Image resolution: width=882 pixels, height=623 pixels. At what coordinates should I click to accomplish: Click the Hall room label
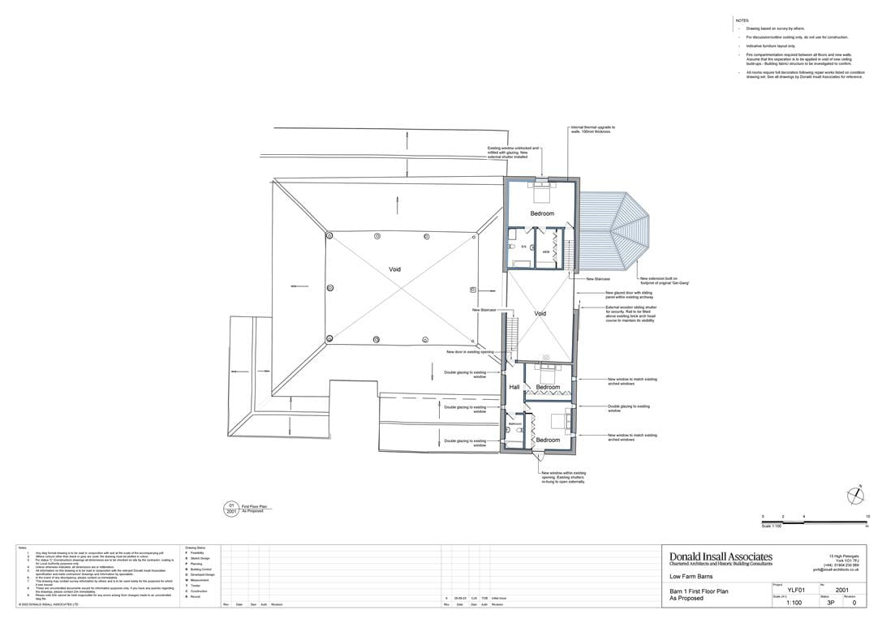(514, 388)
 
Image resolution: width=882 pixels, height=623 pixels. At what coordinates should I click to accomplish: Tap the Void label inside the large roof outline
(394, 269)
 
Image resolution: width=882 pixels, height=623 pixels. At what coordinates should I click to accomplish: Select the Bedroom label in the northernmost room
(542, 213)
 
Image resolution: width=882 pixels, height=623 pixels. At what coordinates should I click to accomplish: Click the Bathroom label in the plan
(515, 423)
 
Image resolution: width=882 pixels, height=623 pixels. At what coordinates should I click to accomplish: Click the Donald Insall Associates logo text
(721, 556)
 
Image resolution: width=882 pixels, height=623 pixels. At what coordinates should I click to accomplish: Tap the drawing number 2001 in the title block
(843, 590)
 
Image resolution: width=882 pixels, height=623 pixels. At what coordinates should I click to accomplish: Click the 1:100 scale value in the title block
(794, 603)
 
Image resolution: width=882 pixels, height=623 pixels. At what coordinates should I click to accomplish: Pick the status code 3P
(830, 603)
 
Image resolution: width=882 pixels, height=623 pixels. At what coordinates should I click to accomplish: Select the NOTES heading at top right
(742, 20)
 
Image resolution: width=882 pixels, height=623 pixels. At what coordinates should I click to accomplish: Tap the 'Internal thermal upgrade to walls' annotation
(593, 129)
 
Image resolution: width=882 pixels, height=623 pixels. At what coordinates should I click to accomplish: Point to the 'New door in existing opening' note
(470, 352)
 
